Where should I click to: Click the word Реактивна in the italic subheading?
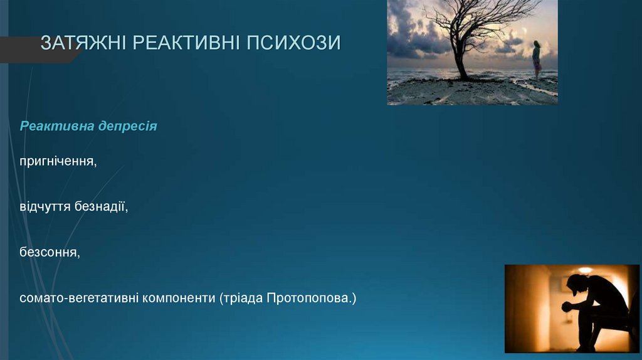pos(56,126)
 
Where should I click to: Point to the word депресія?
pos(127,126)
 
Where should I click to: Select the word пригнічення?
pos(58,162)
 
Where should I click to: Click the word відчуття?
pos(45,206)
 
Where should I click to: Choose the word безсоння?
pos(50,252)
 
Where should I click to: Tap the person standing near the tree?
pos(537,60)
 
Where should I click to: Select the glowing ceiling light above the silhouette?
pos(585,270)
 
